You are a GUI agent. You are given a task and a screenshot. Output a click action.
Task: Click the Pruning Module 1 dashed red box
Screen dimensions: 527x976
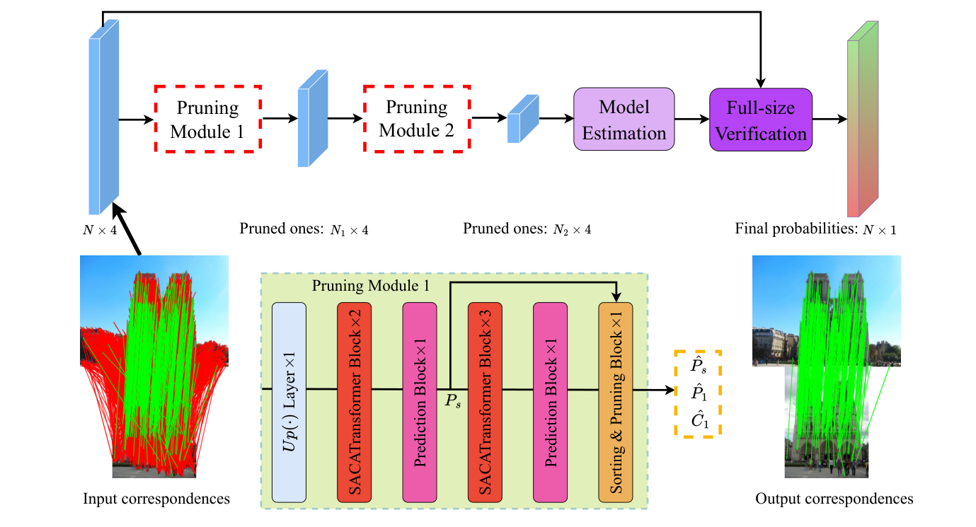[208, 119]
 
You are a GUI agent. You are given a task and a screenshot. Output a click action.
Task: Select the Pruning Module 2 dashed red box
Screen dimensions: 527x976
[417, 119]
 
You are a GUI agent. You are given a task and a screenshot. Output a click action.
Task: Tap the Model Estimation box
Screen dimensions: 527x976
[624, 119]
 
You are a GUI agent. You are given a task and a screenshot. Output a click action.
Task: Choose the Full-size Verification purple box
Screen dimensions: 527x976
[761, 120]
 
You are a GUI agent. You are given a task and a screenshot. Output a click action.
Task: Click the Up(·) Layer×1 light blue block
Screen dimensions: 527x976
[289, 403]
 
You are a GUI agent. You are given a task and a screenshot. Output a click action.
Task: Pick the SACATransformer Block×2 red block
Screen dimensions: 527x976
[355, 403]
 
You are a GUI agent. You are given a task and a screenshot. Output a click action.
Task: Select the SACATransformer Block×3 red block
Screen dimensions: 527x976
[485, 403]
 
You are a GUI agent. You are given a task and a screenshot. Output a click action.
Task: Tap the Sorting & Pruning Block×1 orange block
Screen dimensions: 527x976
[615, 403]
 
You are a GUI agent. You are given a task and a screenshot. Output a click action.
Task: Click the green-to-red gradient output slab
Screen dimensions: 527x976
[862, 120]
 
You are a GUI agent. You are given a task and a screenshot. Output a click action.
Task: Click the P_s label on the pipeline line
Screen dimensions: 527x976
[453, 402]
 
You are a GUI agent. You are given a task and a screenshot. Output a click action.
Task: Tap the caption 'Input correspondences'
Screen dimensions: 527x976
[156, 499]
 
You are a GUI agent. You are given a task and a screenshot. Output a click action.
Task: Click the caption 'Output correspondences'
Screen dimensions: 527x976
[834, 499]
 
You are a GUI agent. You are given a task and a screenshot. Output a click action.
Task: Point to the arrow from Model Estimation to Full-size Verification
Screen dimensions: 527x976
[692, 119]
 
